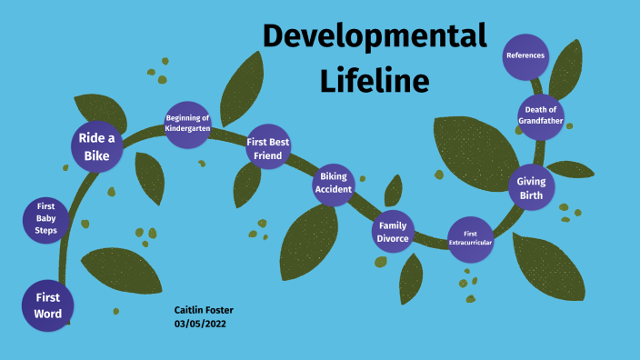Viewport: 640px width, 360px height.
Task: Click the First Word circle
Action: click(x=47, y=305)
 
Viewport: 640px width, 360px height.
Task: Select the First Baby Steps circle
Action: click(x=46, y=219)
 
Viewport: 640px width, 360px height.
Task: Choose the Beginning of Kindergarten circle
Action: click(x=188, y=124)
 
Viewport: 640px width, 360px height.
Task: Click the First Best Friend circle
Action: click(x=269, y=148)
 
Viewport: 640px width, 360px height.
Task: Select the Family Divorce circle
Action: click(x=394, y=233)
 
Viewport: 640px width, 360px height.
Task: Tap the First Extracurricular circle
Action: click(x=470, y=238)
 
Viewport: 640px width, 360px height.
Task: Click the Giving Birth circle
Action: click(x=531, y=188)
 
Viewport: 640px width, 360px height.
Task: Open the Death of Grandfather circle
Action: click(x=541, y=115)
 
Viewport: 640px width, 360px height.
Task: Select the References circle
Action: click(x=525, y=55)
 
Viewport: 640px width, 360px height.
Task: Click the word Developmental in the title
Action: click(x=374, y=37)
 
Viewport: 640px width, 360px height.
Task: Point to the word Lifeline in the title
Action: click(x=374, y=81)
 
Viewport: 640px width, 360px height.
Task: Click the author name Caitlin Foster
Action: click(x=204, y=310)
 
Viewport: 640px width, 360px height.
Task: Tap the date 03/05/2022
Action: click(x=201, y=325)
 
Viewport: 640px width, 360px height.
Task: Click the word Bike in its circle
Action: click(x=97, y=156)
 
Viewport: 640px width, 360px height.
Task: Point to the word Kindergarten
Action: click(x=188, y=129)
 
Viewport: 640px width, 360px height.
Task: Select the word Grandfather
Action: click(x=541, y=121)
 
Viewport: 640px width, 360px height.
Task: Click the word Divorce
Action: click(x=394, y=239)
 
